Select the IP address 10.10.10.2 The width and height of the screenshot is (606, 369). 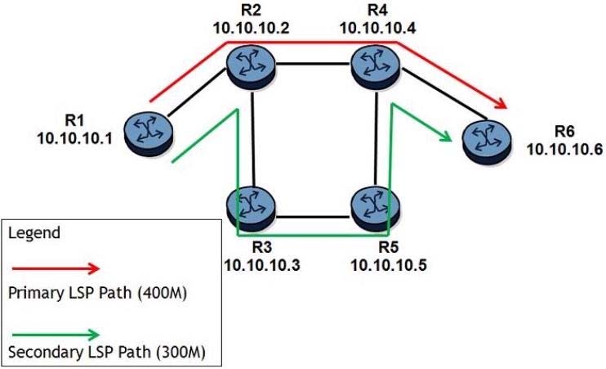pyautogui.click(x=249, y=27)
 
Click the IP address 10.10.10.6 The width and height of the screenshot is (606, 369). pyautogui.click(x=564, y=148)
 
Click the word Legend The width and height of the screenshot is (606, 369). pyautogui.click(x=33, y=233)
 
